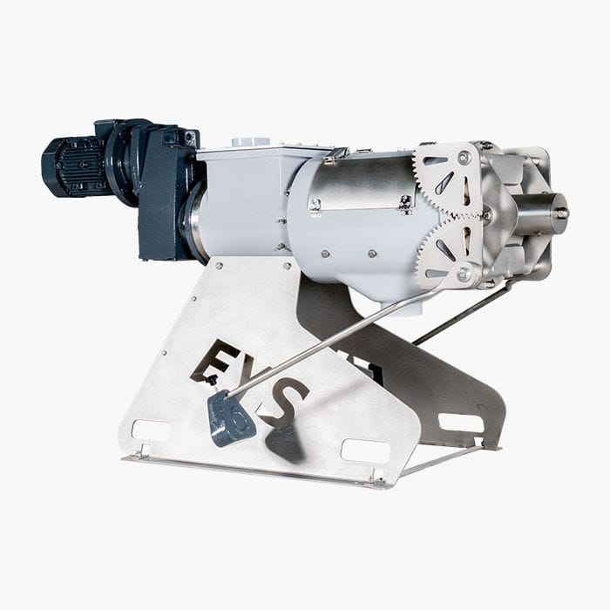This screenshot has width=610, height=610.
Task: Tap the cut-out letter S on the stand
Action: click(x=288, y=401)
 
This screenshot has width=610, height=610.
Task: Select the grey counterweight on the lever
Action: click(x=230, y=419)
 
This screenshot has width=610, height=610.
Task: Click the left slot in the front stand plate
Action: click(x=150, y=430)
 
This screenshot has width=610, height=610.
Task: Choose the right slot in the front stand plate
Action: click(x=364, y=449)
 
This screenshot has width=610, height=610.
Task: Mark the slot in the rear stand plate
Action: click(x=460, y=422)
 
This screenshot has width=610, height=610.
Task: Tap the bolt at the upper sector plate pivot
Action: click(x=464, y=158)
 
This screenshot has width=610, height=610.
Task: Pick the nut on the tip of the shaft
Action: click(x=561, y=212)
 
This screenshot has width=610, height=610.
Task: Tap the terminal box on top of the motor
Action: click(x=108, y=132)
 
